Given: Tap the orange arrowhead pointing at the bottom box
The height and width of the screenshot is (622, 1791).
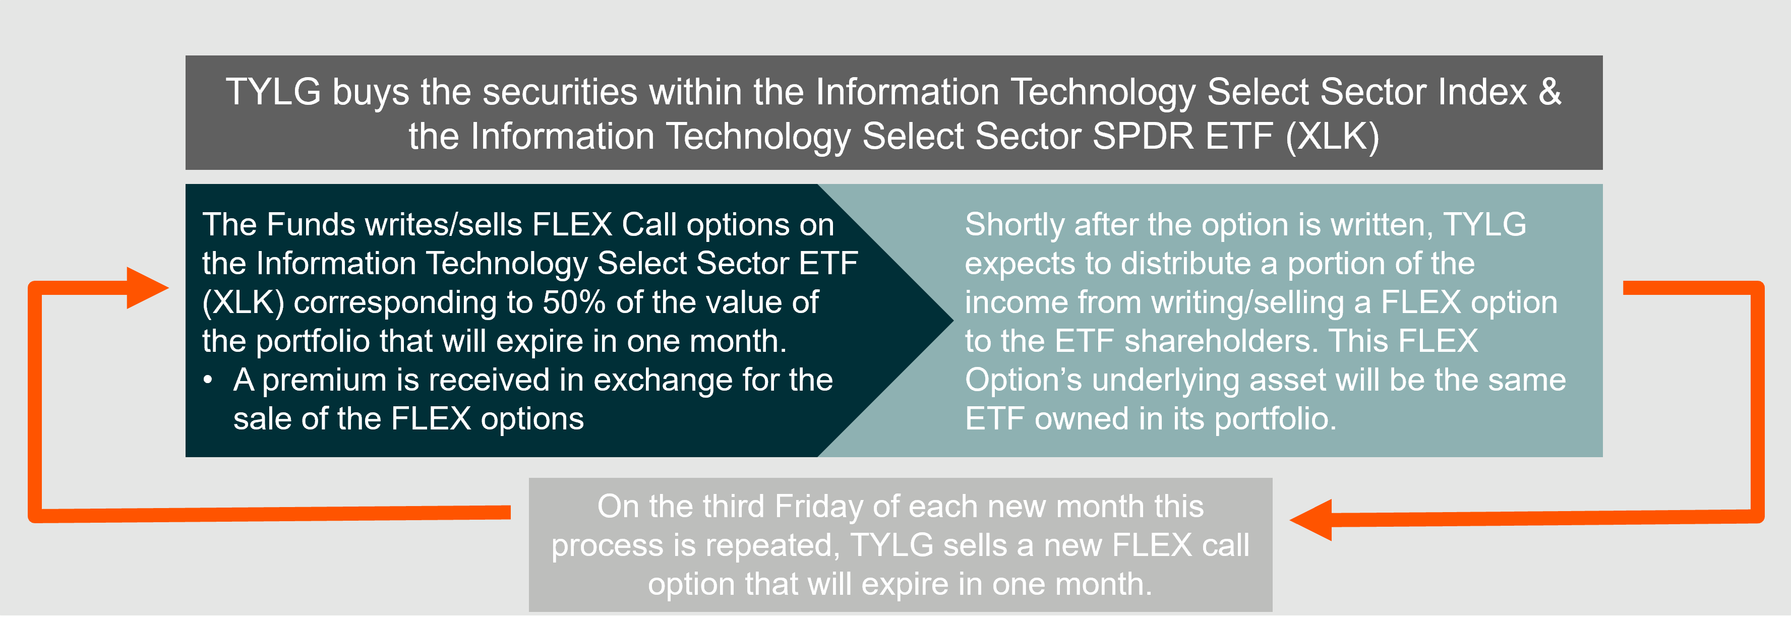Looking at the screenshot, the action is [1310, 520].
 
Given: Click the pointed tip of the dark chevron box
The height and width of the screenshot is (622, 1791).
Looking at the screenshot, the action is [952, 321].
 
